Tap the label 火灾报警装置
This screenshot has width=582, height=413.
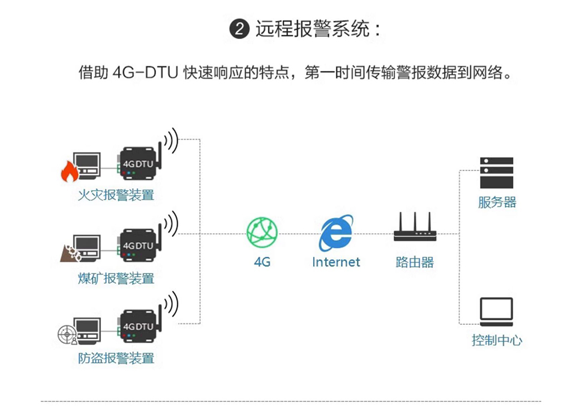[116, 195]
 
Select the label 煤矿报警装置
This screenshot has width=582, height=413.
[116, 278]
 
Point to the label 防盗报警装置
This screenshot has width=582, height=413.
[116, 358]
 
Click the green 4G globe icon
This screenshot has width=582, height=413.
[262, 232]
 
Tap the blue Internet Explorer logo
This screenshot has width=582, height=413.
[336, 233]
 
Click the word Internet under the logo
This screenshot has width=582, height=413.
[336, 262]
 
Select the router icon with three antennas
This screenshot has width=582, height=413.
[415, 228]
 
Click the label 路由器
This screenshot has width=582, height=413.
[415, 262]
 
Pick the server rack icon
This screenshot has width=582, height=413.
[496, 172]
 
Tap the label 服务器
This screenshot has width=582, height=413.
[497, 202]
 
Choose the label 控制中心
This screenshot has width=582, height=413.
[496, 340]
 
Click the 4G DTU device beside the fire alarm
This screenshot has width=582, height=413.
[138, 164]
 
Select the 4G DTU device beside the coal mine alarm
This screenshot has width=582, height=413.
[138, 246]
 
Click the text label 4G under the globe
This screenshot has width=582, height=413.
[262, 262]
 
